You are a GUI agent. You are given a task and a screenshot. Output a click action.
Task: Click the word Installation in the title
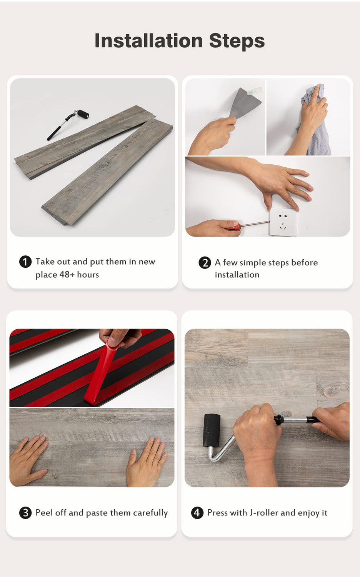tap(149, 41)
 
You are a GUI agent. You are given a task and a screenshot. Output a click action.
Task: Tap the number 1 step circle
tap(25, 262)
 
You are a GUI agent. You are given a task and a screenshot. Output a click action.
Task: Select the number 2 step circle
tap(205, 263)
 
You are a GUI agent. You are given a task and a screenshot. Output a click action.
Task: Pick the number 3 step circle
tap(25, 513)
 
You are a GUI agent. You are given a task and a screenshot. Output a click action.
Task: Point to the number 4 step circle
tap(197, 513)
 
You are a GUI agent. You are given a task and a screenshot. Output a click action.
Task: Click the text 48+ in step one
tap(67, 275)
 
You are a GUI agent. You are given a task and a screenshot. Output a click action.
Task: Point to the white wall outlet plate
tap(283, 222)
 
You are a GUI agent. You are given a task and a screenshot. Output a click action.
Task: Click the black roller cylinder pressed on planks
tap(212, 430)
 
